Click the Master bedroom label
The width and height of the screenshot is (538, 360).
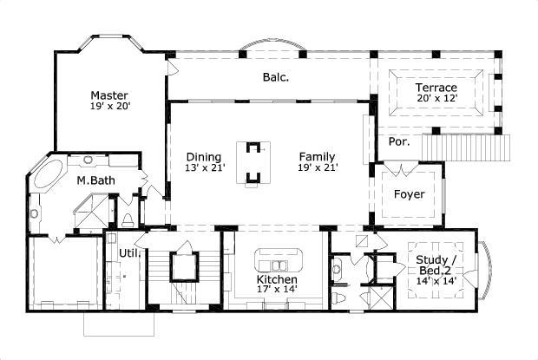coord(109,95)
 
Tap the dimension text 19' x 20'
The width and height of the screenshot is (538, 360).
coord(109,107)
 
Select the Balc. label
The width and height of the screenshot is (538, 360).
coord(275,77)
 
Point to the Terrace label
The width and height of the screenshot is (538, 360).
coord(436,88)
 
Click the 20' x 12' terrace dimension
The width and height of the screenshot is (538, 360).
coord(436,99)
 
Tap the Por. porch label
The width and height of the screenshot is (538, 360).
coord(399,141)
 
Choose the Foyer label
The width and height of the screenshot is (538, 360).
coord(410,194)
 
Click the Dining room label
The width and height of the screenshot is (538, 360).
coord(204,157)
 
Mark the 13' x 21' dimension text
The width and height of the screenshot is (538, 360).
coord(204,168)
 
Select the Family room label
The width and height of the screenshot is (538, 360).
coord(318,157)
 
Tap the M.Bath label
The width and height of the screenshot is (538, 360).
coord(91,180)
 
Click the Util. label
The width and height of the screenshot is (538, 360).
coord(128,253)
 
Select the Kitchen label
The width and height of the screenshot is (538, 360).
coord(276,281)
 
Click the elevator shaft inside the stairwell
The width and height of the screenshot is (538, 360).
coord(184,265)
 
